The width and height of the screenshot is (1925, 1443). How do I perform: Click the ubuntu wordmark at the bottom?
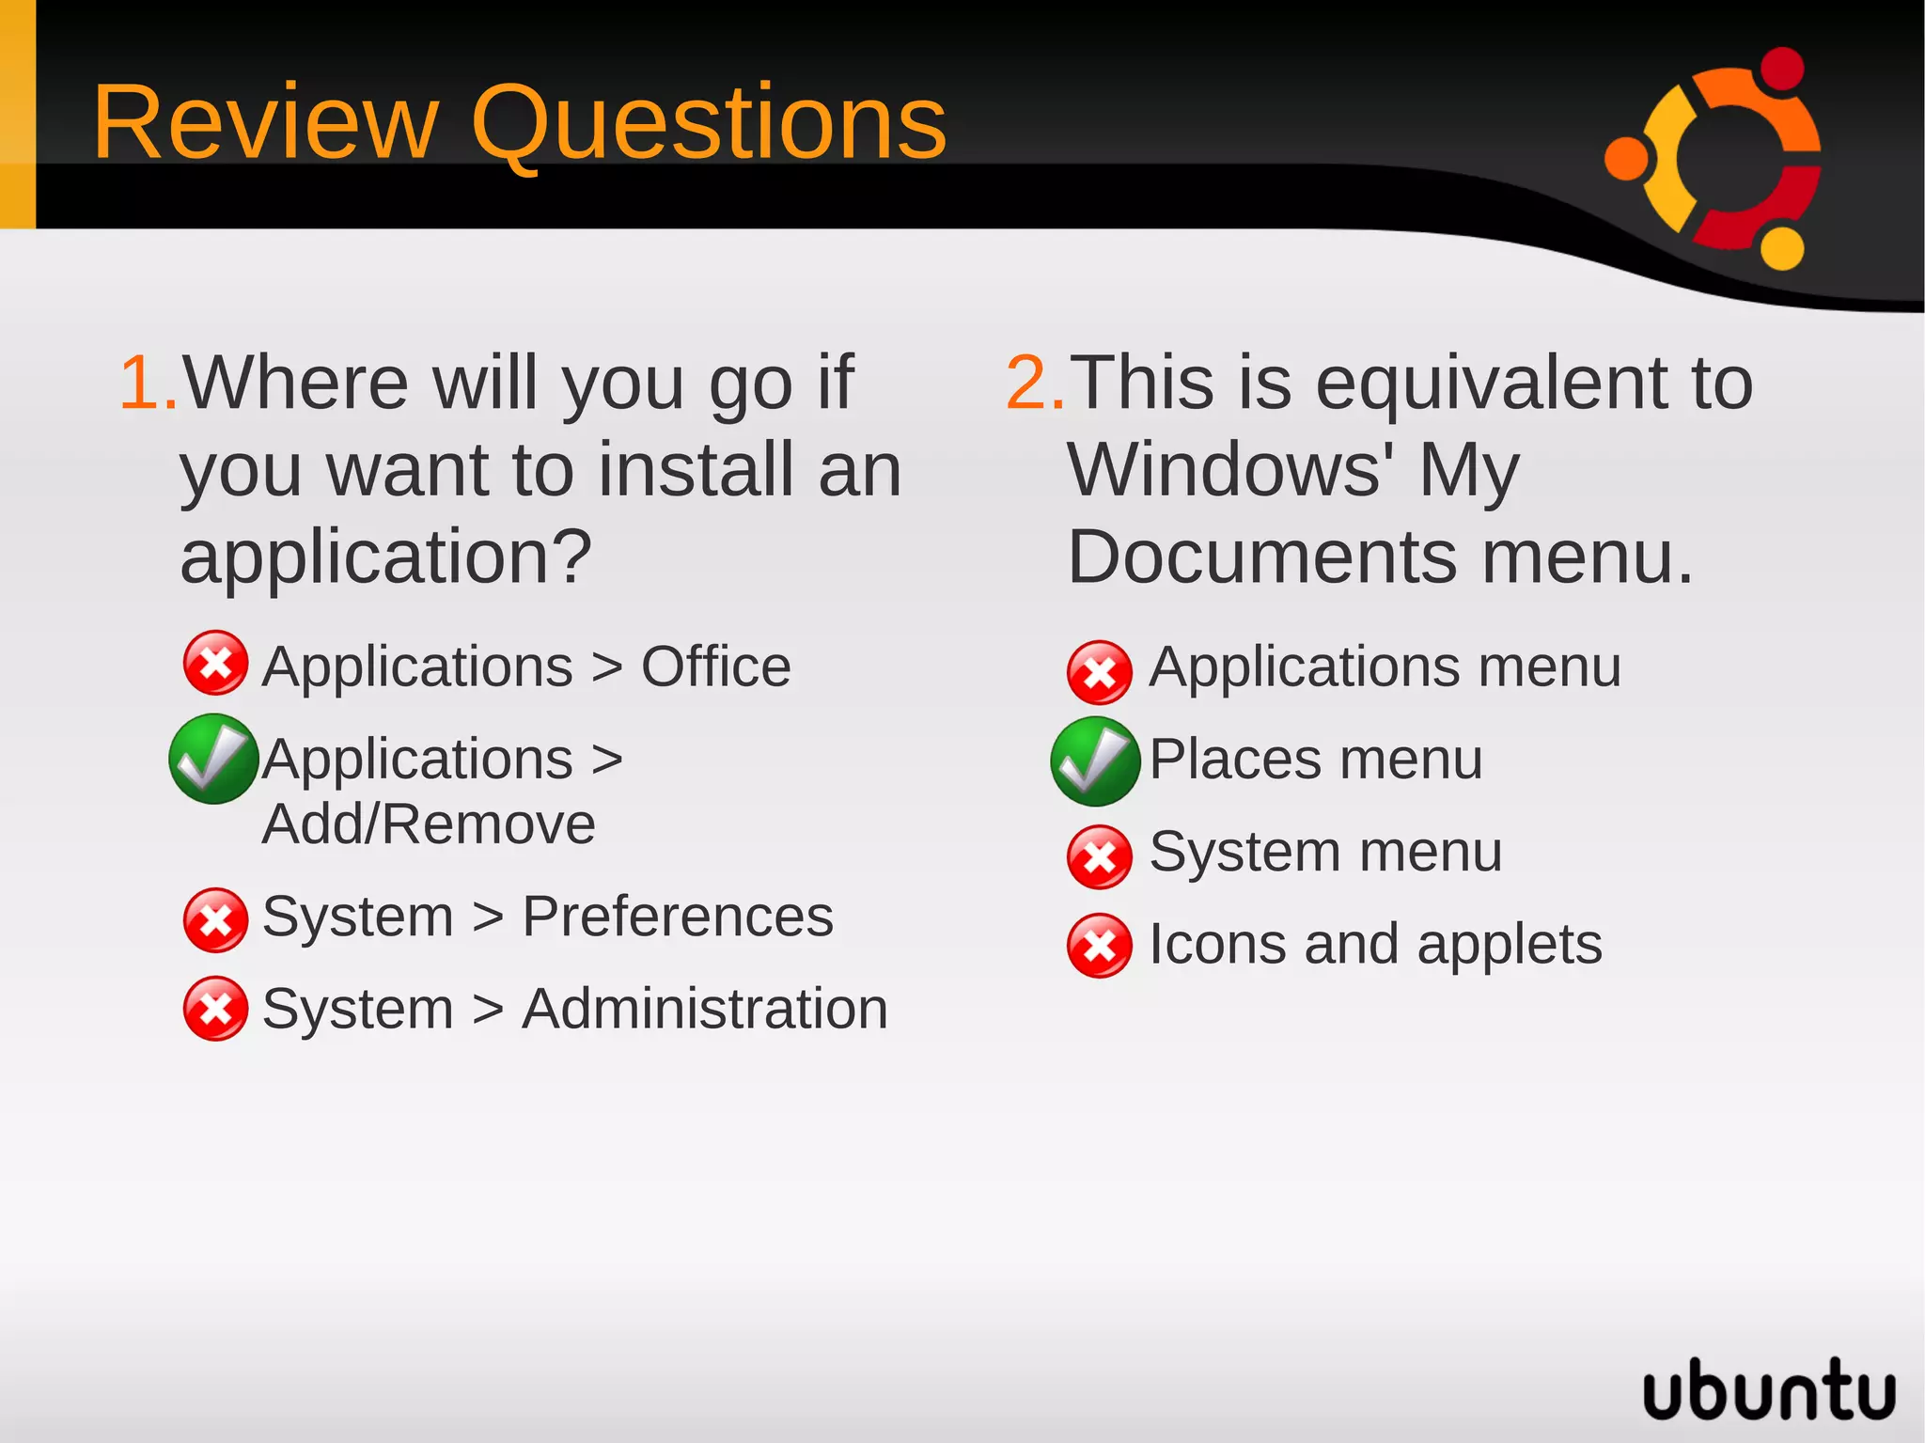[1768, 1388]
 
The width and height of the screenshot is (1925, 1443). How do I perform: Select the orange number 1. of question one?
[148, 383]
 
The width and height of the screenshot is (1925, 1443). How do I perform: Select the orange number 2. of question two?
[1035, 383]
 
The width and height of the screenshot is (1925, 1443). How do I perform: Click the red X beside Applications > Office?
[215, 664]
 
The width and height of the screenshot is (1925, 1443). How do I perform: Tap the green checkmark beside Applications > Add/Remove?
[213, 759]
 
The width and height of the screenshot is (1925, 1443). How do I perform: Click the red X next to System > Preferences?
[215, 919]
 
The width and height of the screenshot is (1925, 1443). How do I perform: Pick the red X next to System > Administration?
[215, 1009]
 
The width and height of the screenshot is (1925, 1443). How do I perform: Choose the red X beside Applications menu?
[1099, 672]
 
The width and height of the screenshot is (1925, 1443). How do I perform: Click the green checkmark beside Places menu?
[1095, 761]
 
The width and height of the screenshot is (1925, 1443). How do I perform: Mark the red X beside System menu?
[1099, 856]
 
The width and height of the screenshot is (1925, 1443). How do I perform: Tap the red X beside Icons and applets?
[1099, 946]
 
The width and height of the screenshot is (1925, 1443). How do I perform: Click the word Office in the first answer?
[715, 667]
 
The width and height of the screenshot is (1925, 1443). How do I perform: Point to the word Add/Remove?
[429, 824]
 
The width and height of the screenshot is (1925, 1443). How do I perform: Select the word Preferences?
[677, 917]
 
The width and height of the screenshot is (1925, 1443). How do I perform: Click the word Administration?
[704, 1009]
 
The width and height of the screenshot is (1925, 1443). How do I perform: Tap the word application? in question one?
[385, 557]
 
